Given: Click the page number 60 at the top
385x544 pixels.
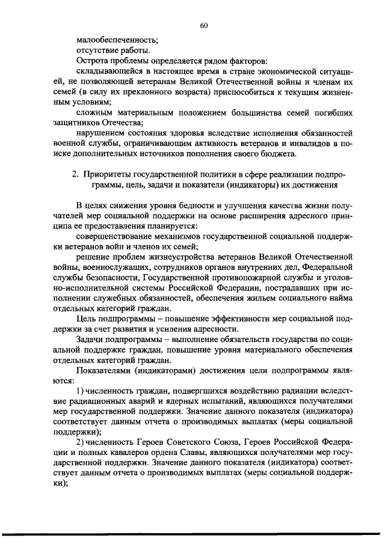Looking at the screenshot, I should point(203,25).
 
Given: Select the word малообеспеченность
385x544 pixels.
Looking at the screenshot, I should point(116,40).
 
